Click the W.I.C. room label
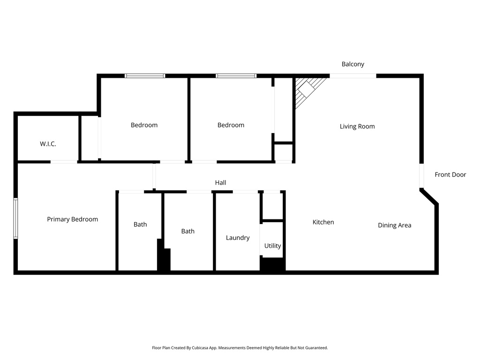pos(48,144)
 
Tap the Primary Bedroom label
pos(72,219)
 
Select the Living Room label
pos(357,126)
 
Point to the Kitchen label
pos(323,222)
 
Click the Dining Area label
pos(394,225)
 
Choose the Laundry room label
pos(238,238)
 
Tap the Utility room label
pos(272,246)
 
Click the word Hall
pos(220,183)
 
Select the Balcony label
pos(352,64)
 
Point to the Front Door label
pos(450,175)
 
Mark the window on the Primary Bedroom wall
pos(15,218)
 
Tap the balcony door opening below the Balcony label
pos(352,76)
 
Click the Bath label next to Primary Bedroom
pos(140,225)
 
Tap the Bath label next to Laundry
pos(187,231)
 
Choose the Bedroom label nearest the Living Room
pos(231,125)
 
